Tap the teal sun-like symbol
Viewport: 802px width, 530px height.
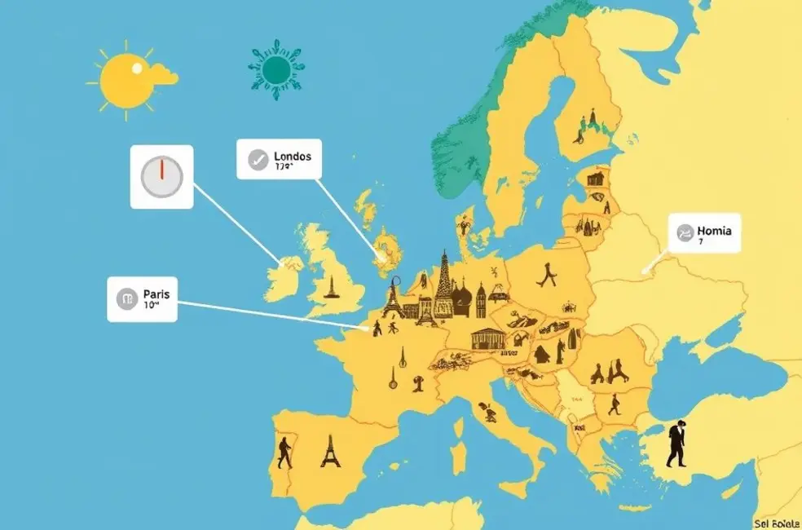(x=276, y=70)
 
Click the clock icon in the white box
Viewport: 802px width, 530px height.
(x=162, y=177)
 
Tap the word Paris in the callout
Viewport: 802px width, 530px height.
(x=155, y=294)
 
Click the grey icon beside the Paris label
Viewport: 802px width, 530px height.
(x=126, y=299)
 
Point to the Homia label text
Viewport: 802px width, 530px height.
(x=715, y=231)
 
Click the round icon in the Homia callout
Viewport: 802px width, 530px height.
(x=684, y=235)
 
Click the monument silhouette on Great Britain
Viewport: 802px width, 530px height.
(x=330, y=285)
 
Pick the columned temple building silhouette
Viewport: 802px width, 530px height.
(x=487, y=338)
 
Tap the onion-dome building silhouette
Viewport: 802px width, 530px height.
(x=461, y=298)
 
